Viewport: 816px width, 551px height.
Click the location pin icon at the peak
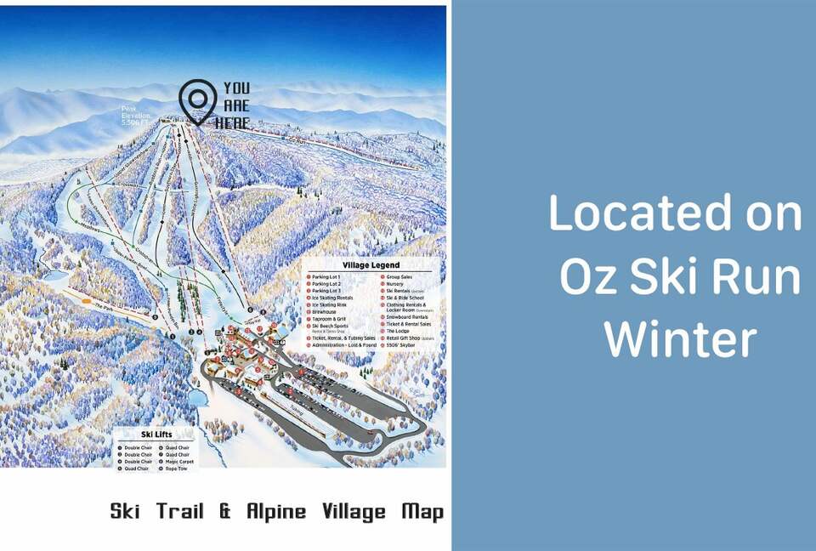(x=197, y=101)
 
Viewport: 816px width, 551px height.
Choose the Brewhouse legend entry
(x=325, y=311)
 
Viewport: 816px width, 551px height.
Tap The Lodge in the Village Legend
(x=398, y=331)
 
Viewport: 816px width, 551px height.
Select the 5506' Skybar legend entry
(x=402, y=344)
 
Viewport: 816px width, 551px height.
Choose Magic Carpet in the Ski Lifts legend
(x=179, y=462)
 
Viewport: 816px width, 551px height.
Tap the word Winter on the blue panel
(x=680, y=338)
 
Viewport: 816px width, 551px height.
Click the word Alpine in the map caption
(x=278, y=512)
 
